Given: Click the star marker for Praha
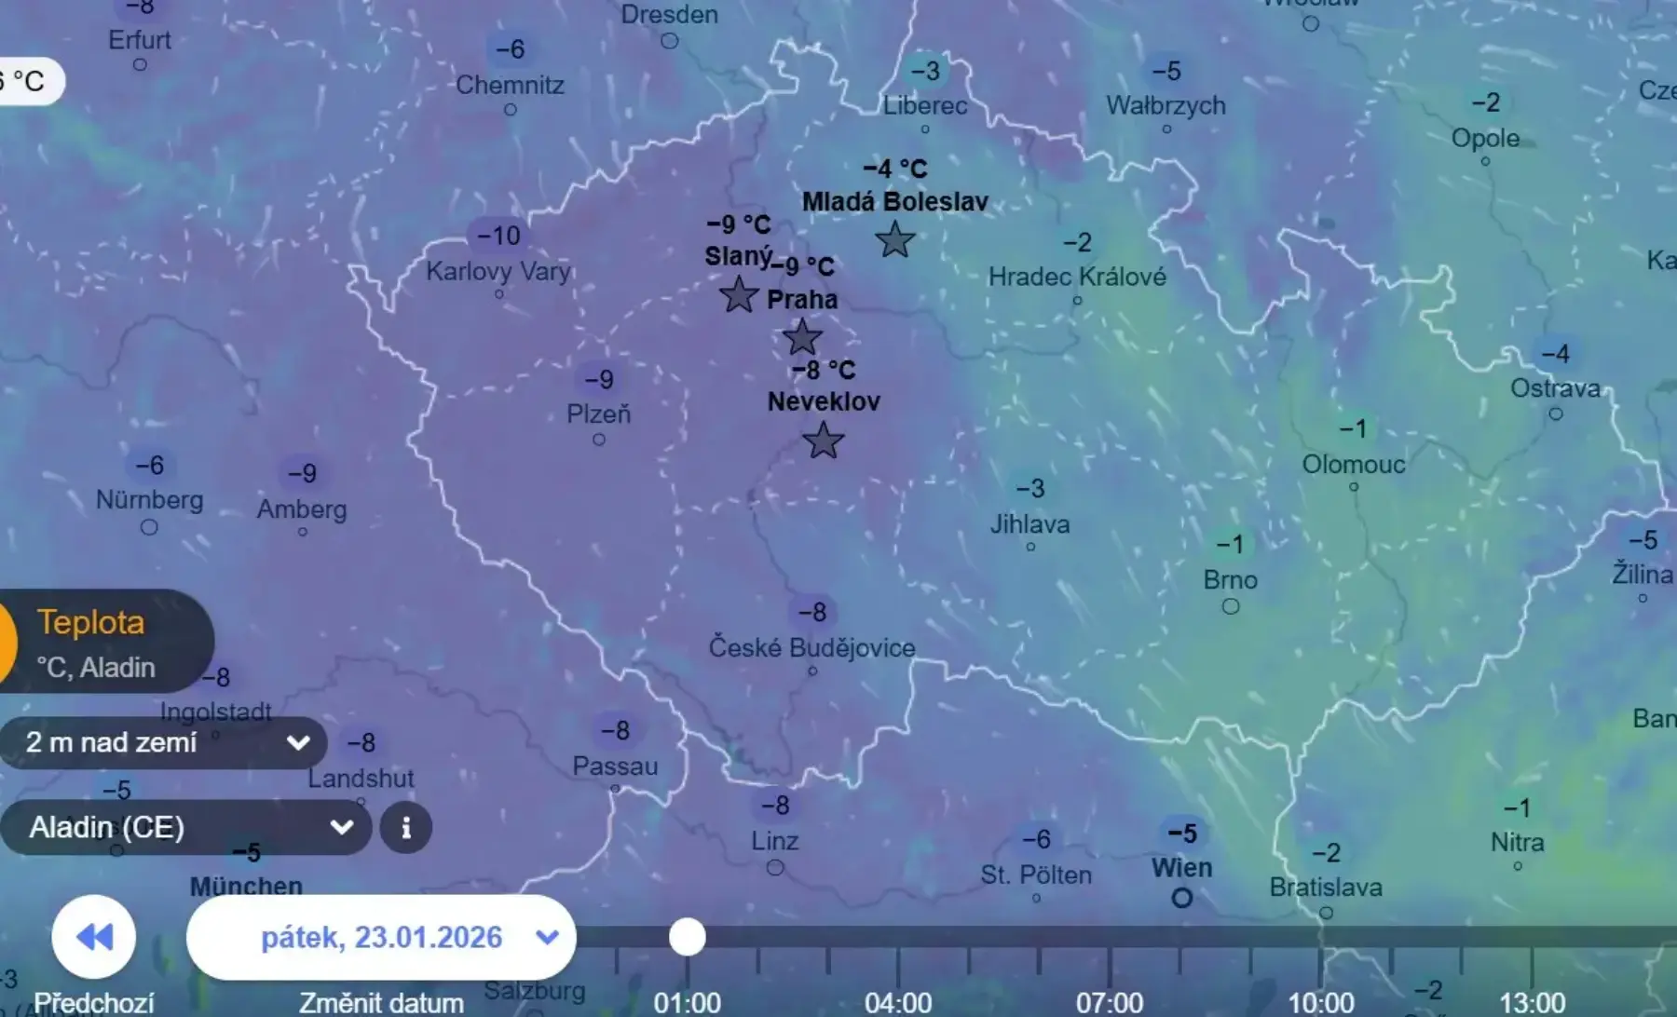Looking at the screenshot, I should pyautogui.click(x=801, y=337).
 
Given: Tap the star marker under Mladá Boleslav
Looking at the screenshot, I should pyautogui.click(x=895, y=240).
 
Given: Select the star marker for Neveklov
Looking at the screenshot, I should pyautogui.click(x=823, y=441).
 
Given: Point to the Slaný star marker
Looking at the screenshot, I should pyautogui.click(x=739, y=294).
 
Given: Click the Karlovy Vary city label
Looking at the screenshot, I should pyautogui.click(x=498, y=271).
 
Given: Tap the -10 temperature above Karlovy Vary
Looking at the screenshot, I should pyautogui.click(x=498, y=236).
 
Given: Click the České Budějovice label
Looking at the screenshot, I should pyautogui.click(x=811, y=647).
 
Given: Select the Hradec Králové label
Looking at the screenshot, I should pyautogui.click(x=1077, y=277).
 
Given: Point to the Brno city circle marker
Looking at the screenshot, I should pyautogui.click(x=1230, y=606).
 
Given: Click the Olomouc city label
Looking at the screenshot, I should pyautogui.click(x=1353, y=464).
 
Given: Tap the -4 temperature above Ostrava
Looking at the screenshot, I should pyautogui.click(x=1555, y=354).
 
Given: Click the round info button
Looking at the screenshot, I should pyautogui.click(x=406, y=827).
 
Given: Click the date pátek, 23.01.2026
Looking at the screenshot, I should pyautogui.click(x=381, y=937).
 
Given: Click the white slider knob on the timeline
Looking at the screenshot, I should pyautogui.click(x=688, y=937).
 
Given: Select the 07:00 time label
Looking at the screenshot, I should pyautogui.click(x=1109, y=1003).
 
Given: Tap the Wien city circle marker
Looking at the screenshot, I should pyautogui.click(x=1181, y=898).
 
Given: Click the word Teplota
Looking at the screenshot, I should pyautogui.click(x=91, y=622).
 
